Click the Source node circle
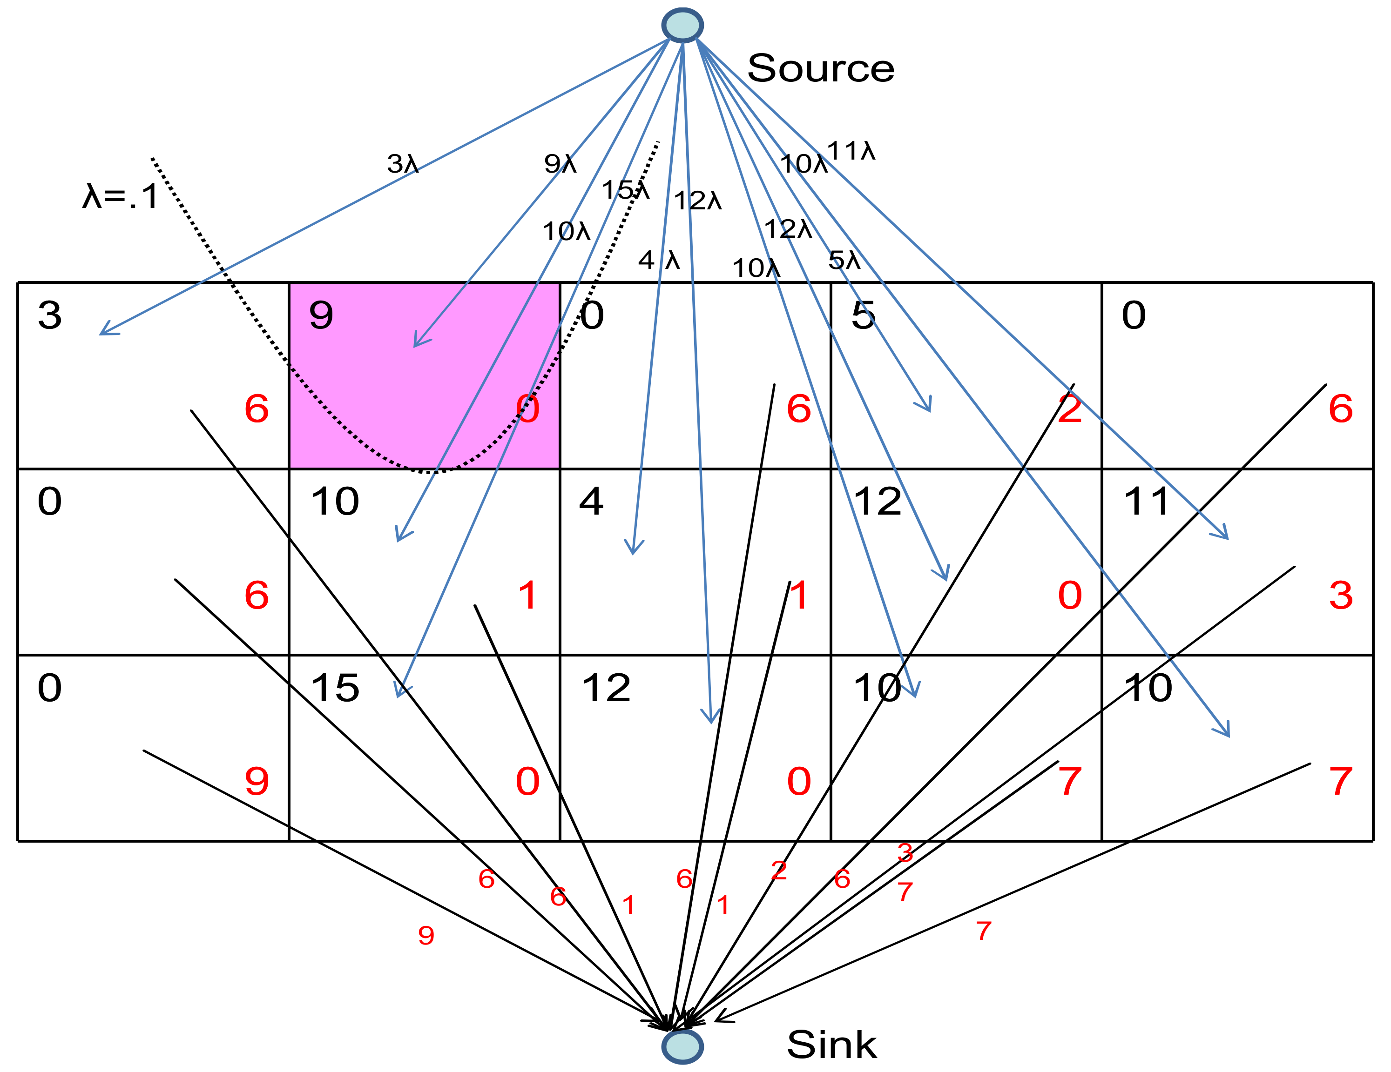coord(682,26)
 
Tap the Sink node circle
coord(682,1046)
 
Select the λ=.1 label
coord(121,196)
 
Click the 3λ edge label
coord(403,164)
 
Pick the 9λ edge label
coord(560,164)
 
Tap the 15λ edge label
coord(626,190)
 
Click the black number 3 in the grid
coord(50,315)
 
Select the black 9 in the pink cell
coord(321,315)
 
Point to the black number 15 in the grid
coord(335,688)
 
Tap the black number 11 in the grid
coord(1147,502)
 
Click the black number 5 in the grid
coord(863,315)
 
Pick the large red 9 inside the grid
coord(257,781)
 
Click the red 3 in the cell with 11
coord(1341,595)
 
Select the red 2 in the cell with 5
coord(1070,409)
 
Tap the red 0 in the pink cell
coord(527,409)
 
